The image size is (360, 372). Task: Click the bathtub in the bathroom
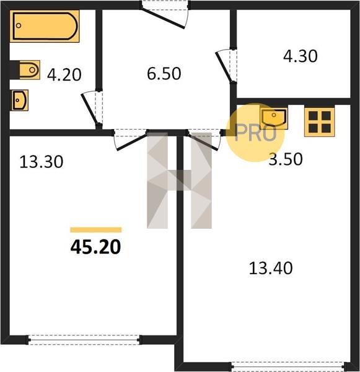pos(45,26)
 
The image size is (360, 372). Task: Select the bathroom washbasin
pos(20,100)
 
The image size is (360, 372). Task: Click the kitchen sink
pos(274,118)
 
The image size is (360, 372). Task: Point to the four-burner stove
pos(320,122)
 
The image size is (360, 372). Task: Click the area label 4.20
pos(64,75)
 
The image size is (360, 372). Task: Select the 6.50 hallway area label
pos(164,74)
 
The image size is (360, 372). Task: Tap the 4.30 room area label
pos(301,56)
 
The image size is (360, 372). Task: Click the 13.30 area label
pos(42,162)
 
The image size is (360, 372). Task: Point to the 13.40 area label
pos(271,268)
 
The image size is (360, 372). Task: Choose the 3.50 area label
pos(286,159)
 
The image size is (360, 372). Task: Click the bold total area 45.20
pos(95,247)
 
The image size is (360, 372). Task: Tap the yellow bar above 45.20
pos(96,229)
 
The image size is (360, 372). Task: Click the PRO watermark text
pos(255,133)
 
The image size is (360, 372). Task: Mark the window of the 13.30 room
pos(84,340)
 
